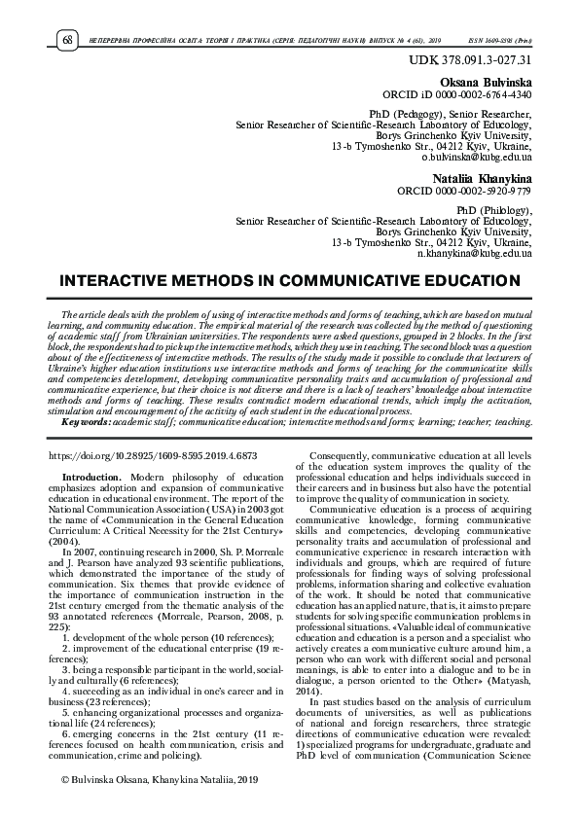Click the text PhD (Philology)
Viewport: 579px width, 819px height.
493,209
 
